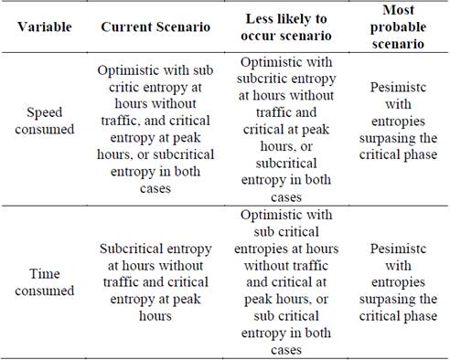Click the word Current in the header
(x=128, y=26)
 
